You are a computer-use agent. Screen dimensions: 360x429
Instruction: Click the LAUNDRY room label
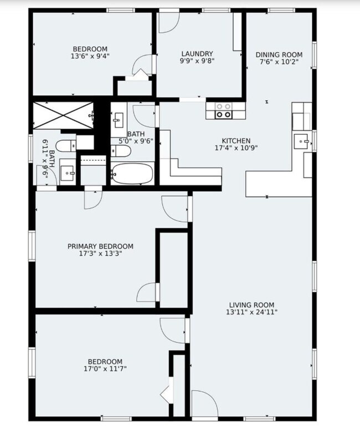(197, 54)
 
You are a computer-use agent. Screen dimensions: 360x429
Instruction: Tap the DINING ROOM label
(279, 55)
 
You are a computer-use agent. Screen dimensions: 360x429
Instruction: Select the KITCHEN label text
(236, 141)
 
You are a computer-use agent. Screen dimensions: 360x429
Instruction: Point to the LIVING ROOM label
(251, 305)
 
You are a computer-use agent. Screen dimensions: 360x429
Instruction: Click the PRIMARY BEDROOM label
(100, 246)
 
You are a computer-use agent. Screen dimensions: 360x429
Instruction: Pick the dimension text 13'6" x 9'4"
(90, 56)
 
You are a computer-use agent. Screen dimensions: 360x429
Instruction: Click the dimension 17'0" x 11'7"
(105, 369)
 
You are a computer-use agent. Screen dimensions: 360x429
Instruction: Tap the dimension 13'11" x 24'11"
(252, 312)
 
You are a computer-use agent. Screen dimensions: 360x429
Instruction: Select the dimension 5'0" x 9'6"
(136, 141)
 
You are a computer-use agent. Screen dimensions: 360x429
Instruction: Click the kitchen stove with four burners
(223, 111)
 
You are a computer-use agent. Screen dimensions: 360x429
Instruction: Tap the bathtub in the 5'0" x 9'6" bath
(132, 173)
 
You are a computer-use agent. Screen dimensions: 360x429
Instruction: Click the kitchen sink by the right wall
(301, 141)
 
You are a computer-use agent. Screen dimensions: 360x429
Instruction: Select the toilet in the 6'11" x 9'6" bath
(66, 146)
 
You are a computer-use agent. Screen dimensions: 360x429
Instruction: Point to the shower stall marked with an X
(64, 115)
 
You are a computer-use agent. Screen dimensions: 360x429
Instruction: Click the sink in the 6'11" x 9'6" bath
(67, 173)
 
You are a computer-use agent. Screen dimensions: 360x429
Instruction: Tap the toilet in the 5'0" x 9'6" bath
(121, 151)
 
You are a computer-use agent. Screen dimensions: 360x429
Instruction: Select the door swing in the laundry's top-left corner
(169, 23)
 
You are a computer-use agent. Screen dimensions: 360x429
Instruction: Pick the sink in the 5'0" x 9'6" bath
(118, 120)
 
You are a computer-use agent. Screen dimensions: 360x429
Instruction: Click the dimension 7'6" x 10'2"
(279, 62)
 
